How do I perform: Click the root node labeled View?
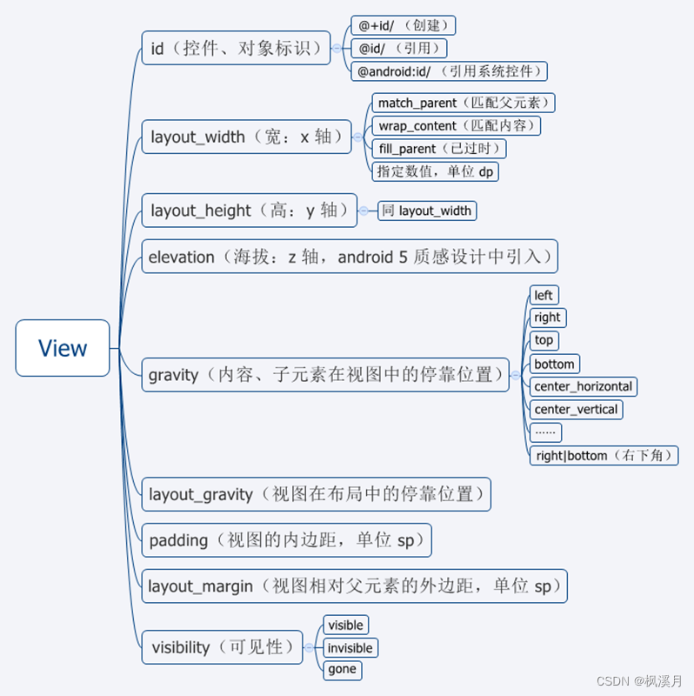(63, 348)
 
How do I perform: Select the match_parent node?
(464, 103)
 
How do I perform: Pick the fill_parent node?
(439, 149)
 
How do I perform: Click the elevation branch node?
(349, 257)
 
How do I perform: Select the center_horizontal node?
(584, 386)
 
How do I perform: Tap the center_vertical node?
(576, 409)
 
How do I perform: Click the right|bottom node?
(604, 455)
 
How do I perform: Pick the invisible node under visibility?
(350, 647)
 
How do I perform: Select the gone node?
(342, 669)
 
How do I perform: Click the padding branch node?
(286, 540)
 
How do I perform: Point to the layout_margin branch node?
(354, 586)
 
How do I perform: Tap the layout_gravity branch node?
(316, 494)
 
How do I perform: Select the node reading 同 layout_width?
(427, 211)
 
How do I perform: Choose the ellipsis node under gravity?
(545, 432)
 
